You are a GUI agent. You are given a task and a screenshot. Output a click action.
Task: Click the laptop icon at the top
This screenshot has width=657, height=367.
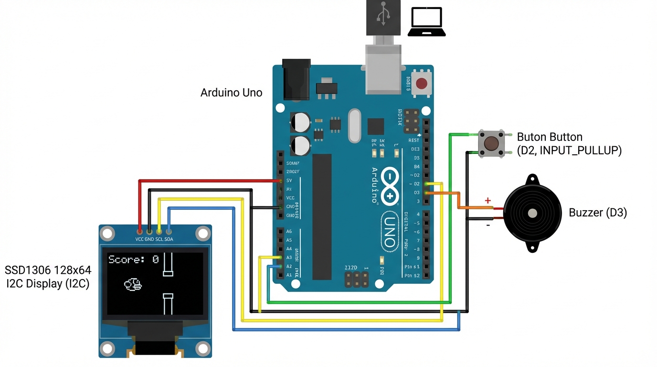(x=426, y=22)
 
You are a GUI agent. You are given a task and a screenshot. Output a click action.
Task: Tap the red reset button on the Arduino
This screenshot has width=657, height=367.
(x=422, y=84)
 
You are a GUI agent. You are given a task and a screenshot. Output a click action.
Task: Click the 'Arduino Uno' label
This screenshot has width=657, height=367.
(x=231, y=93)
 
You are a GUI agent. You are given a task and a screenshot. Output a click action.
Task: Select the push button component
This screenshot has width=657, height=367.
(x=491, y=143)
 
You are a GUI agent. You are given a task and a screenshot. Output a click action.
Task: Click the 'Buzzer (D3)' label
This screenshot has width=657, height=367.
(x=597, y=213)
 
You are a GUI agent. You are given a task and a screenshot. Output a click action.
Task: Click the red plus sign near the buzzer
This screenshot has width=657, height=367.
(x=488, y=201)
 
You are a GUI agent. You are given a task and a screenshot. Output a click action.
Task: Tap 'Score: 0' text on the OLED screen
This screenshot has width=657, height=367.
(x=133, y=259)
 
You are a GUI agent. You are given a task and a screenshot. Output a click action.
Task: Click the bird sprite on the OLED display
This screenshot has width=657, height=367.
(x=133, y=285)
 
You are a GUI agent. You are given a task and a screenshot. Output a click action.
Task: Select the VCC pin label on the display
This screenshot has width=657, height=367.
(x=139, y=239)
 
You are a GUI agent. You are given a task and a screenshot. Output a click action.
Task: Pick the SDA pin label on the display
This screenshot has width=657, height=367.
(x=169, y=239)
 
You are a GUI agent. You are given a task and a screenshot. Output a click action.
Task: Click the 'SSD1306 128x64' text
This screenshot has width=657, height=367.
(x=48, y=270)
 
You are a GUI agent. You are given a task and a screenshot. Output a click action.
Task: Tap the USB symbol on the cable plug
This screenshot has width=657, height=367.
(x=383, y=15)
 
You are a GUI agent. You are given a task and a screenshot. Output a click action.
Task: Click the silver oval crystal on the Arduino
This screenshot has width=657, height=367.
(x=354, y=126)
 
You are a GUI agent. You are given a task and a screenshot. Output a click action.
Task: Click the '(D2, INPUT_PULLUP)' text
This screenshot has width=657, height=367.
(x=569, y=151)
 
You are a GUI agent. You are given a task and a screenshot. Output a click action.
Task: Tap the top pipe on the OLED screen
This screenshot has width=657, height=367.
(x=168, y=264)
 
